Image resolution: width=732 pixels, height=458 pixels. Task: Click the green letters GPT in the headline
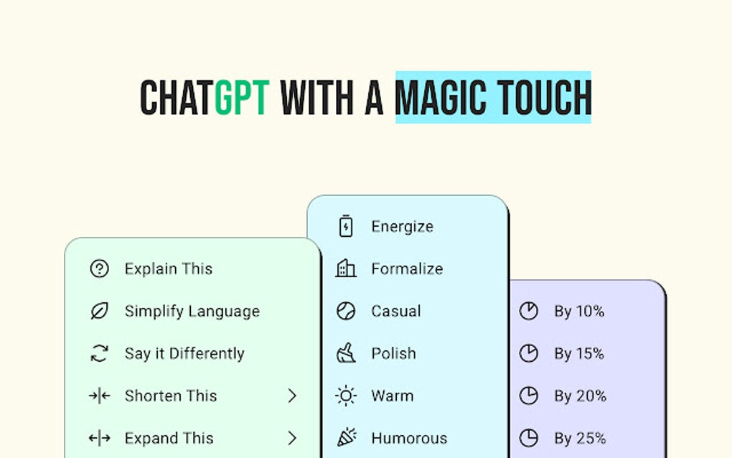[242, 98]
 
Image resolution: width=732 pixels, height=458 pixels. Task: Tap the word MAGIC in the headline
[440, 98]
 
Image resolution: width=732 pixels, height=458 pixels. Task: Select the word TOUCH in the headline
[543, 98]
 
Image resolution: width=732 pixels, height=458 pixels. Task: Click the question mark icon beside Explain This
[99, 269]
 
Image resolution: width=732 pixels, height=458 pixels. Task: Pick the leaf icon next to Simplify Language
[99, 312]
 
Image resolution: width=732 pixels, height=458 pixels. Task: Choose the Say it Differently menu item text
[184, 354]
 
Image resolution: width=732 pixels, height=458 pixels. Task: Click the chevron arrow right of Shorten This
[292, 396]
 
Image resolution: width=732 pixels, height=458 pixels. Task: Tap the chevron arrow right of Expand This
[292, 438]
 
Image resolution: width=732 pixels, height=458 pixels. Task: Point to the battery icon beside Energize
[346, 227]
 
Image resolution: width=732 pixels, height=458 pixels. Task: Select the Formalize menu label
[407, 269]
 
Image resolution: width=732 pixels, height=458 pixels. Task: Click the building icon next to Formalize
[346, 269]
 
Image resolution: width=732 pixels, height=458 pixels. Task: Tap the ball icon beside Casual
[346, 312]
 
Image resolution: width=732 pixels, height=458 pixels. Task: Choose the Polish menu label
[393, 354]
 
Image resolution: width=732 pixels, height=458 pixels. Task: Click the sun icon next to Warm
[346, 396]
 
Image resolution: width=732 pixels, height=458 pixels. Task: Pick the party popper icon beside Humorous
[346, 438]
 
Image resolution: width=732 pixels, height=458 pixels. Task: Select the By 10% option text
[579, 312]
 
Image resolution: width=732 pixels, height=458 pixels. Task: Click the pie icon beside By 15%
[529, 354]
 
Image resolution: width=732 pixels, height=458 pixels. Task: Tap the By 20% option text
[580, 396]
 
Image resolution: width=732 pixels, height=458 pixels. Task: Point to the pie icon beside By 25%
[529, 438]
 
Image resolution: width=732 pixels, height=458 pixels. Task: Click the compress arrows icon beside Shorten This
[99, 396]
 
